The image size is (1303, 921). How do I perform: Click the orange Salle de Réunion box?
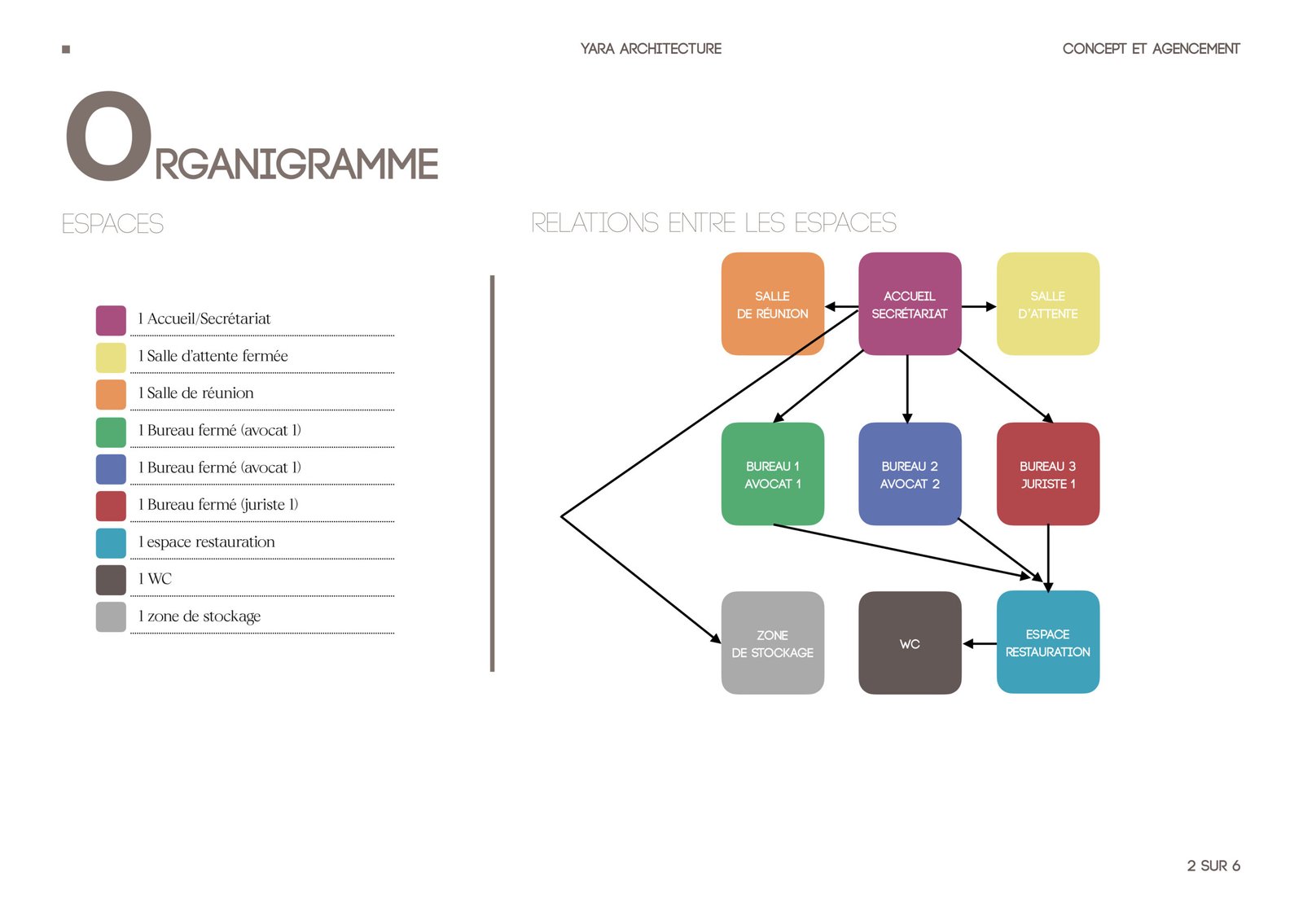click(773, 304)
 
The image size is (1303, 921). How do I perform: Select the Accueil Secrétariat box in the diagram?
click(910, 304)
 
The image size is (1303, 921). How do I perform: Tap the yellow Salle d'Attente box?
click(1048, 304)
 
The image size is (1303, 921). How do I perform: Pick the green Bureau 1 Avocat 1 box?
click(773, 474)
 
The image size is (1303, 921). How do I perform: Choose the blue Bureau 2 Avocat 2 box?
click(910, 474)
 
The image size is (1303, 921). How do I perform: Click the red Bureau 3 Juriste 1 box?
click(1048, 474)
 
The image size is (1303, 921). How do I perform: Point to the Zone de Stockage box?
click(773, 643)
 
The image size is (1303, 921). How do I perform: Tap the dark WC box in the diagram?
click(910, 643)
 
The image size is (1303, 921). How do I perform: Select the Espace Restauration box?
click(1048, 643)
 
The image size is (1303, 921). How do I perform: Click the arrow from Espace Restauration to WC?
click(980, 643)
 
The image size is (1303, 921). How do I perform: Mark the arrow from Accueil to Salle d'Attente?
click(979, 306)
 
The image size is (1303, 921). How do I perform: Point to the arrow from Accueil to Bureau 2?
click(907, 388)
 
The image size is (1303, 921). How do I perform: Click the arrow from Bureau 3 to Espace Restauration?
click(1048, 559)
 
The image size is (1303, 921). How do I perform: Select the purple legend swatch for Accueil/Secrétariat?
click(111, 321)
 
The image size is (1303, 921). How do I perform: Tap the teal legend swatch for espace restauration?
click(111, 543)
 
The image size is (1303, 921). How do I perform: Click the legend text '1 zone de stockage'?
click(199, 616)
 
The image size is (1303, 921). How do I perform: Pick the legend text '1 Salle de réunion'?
click(195, 393)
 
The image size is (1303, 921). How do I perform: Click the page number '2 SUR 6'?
click(1213, 866)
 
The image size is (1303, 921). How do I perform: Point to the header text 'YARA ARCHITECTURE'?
click(651, 49)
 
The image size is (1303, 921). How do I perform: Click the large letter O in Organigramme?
click(109, 136)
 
